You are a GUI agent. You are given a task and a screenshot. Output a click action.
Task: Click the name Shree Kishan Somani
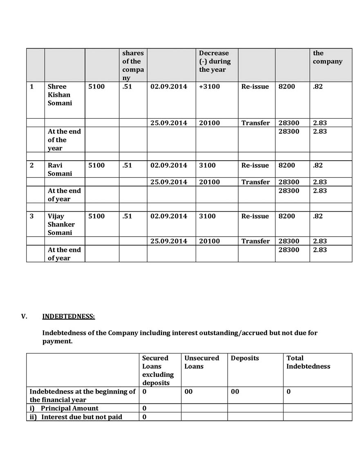tap(60, 95)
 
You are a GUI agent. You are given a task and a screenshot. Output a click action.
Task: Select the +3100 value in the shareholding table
tap(209, 87)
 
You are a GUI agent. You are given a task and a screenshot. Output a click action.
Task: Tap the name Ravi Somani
tap(60, 169)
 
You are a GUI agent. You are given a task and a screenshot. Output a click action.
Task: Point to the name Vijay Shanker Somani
tap(60, 224)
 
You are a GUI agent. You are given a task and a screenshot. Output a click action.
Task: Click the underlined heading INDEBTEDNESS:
tap(68, 316)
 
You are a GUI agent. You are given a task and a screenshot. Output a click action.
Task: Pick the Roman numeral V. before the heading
tap(24, 316)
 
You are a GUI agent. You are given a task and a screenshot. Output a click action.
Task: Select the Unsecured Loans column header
tap(201, 362)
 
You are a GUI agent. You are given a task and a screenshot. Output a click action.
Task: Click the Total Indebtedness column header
tap(308, 362)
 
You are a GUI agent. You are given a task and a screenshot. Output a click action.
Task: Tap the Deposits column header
tap(245, 358)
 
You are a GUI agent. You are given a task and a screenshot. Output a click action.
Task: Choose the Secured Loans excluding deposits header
tap(158, 370)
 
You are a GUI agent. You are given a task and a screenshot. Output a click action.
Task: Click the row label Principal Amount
tap(69, 408)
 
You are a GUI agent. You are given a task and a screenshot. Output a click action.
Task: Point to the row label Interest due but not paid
tap(81, 417)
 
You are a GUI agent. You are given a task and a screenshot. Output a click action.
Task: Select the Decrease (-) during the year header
tap(215, 61)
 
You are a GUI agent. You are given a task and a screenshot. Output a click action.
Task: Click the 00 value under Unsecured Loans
tap(188, 392)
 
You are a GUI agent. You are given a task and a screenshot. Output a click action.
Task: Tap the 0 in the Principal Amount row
tap(144, 408)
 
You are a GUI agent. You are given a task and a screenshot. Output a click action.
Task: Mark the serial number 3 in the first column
tap(32, 216)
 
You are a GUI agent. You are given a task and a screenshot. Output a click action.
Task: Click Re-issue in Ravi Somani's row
tap(255, 165)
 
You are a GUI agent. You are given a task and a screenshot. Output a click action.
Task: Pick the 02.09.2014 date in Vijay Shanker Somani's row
tap(169, 216)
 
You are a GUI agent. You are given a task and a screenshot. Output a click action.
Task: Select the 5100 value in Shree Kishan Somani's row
tap(96, 87)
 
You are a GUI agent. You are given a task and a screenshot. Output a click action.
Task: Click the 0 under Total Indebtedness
tap(288, 392)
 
